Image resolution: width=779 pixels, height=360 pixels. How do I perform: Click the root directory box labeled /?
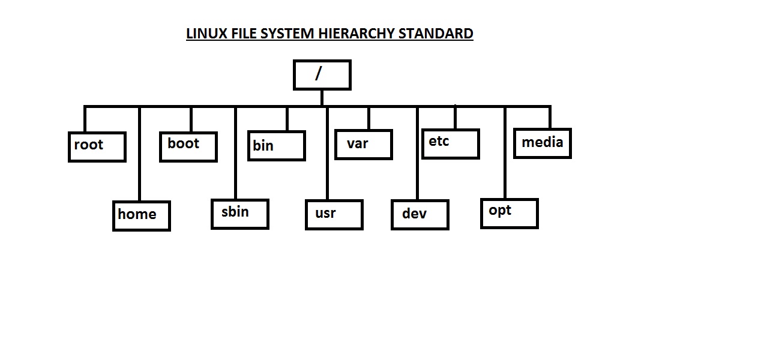click(x=322, y=75)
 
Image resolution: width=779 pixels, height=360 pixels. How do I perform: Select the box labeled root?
click(x=97, y=147)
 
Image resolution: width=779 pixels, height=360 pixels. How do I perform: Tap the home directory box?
click(x=142, y=216)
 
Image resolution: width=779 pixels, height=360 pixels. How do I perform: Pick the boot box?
click(x=188, y=146)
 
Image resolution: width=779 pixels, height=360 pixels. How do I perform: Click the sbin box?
click(x=240, y=214)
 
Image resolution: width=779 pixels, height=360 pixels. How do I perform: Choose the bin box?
click(x=277, y=146)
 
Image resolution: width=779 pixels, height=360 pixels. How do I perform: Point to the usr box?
click(x=334, y=215)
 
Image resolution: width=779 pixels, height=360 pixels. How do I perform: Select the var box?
click(x=363, y=145)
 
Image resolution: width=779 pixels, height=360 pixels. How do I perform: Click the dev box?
click(x=420, y=215)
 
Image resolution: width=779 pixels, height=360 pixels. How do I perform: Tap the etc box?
click(x=450, y=144)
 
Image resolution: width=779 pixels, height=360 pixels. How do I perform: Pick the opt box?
click(x=510, y=213)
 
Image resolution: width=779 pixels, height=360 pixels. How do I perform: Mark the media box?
click(x=543, y=143)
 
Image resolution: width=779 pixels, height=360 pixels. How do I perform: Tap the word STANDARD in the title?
click(x=436, y=34)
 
